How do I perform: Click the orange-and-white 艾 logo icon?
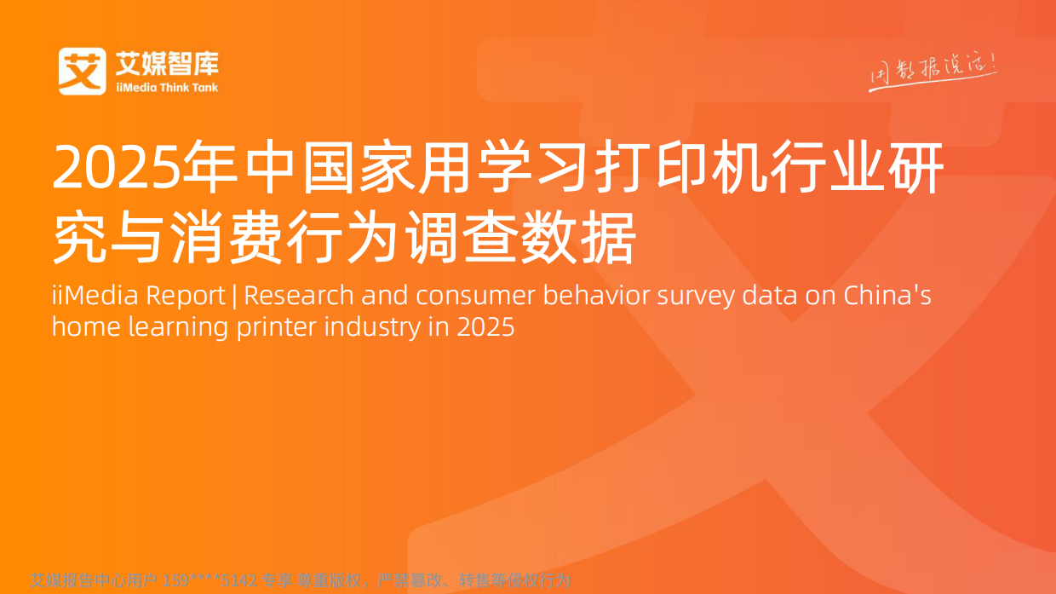point(83,71)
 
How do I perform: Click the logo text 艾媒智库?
point(166,62)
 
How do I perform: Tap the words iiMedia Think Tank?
point(166,87)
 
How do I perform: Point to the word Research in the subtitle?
point(299,296)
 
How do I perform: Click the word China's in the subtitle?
point(887,296)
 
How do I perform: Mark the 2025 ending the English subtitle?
point(485,326)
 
